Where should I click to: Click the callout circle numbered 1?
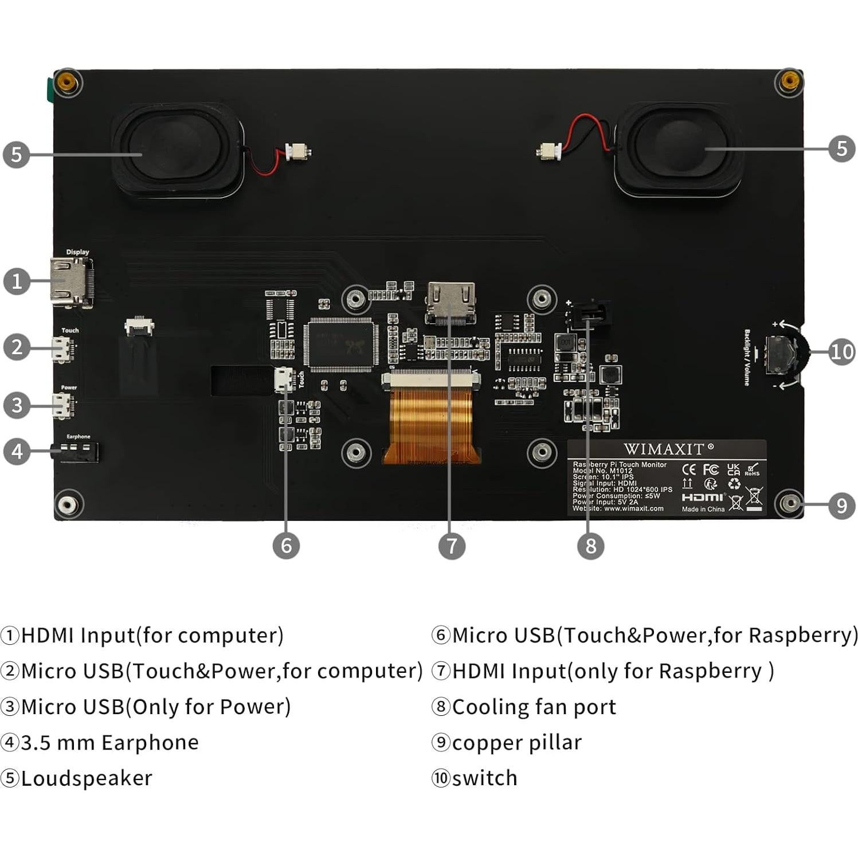click(x=17, y=281)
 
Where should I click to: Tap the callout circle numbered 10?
click(x=841, y=351)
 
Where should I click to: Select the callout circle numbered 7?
click(x=452, y=546)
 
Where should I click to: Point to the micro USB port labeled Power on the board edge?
click(x=62, y=405)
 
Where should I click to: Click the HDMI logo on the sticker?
click(x=703, y=497)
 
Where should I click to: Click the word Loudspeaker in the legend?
click(x=87, y=778)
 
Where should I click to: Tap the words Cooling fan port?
click(x=534, y=707)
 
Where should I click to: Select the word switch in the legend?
click(x=484, y=778)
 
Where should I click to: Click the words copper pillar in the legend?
click(x=516, y=743)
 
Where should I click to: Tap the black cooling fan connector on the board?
click(x=589, y=314)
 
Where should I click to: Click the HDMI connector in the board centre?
click(x=450, y=301)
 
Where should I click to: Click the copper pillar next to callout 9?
click(x=790, y=503)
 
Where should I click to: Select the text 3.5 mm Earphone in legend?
click(x=109, y=743)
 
